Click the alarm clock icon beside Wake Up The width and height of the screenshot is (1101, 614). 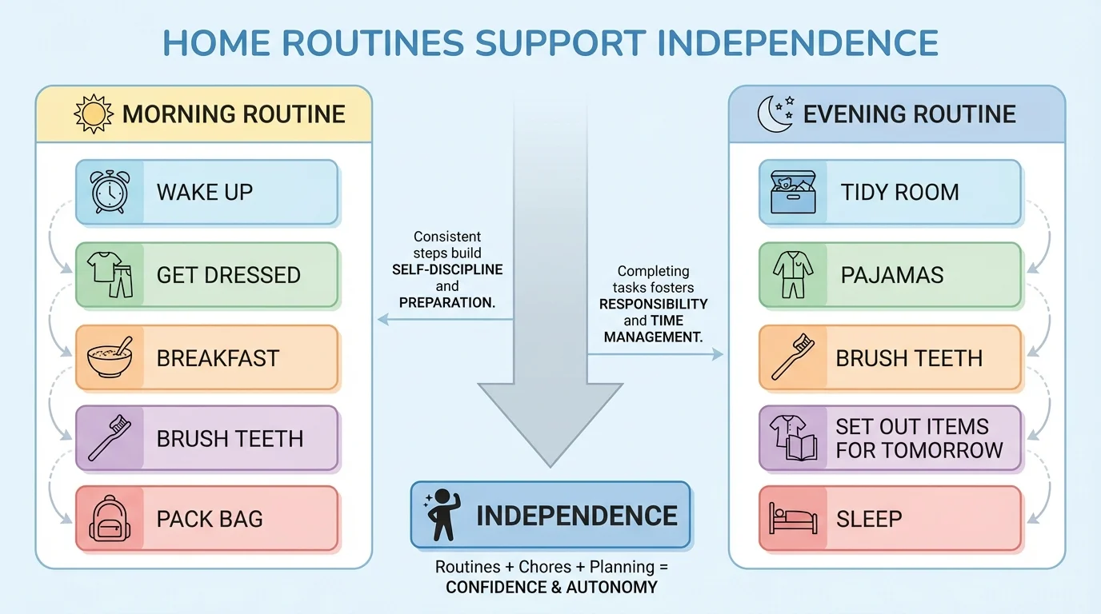pos(110,192)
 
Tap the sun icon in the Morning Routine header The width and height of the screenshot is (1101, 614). pos(94,114)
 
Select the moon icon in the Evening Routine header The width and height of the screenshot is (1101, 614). pos(775,114)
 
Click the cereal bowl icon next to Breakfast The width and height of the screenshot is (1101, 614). pos(110,357)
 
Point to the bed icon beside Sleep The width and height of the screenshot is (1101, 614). pos(793,518)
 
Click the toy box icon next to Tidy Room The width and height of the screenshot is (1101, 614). pos(793,192)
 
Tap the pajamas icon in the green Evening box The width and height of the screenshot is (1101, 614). pos(793,275)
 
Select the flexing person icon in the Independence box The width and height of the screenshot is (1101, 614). pos(441,516)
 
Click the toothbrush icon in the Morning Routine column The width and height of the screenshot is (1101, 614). pos(110,438)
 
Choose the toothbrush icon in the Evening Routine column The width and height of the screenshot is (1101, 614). pos(793,357)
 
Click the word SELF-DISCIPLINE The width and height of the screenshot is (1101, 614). pos(447,269)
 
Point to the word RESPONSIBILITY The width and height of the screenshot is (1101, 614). pos(654,304)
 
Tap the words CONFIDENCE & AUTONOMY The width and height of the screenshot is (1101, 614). pos(551,587)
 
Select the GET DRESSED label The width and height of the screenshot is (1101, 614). pos(228,275)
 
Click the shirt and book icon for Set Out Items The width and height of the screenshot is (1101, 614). pos(793,437)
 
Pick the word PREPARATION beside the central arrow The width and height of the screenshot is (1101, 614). pos(447,303)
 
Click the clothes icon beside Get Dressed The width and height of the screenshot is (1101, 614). pos(110,275)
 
